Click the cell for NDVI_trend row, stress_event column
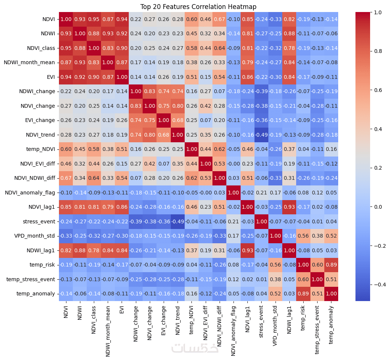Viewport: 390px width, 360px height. click(261, 135)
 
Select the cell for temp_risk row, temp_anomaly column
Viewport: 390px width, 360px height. click(331, 265)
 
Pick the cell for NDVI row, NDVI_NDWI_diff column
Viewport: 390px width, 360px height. click(219, 19)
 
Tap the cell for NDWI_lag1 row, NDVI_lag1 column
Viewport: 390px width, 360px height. click(247, 250)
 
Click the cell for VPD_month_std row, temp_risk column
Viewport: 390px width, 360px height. click(303, 236)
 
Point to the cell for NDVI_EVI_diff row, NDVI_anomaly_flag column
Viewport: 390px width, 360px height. click(233, 164)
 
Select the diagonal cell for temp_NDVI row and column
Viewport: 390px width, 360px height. click(191, 149)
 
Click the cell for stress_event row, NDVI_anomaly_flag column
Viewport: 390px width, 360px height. click(233, 221)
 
